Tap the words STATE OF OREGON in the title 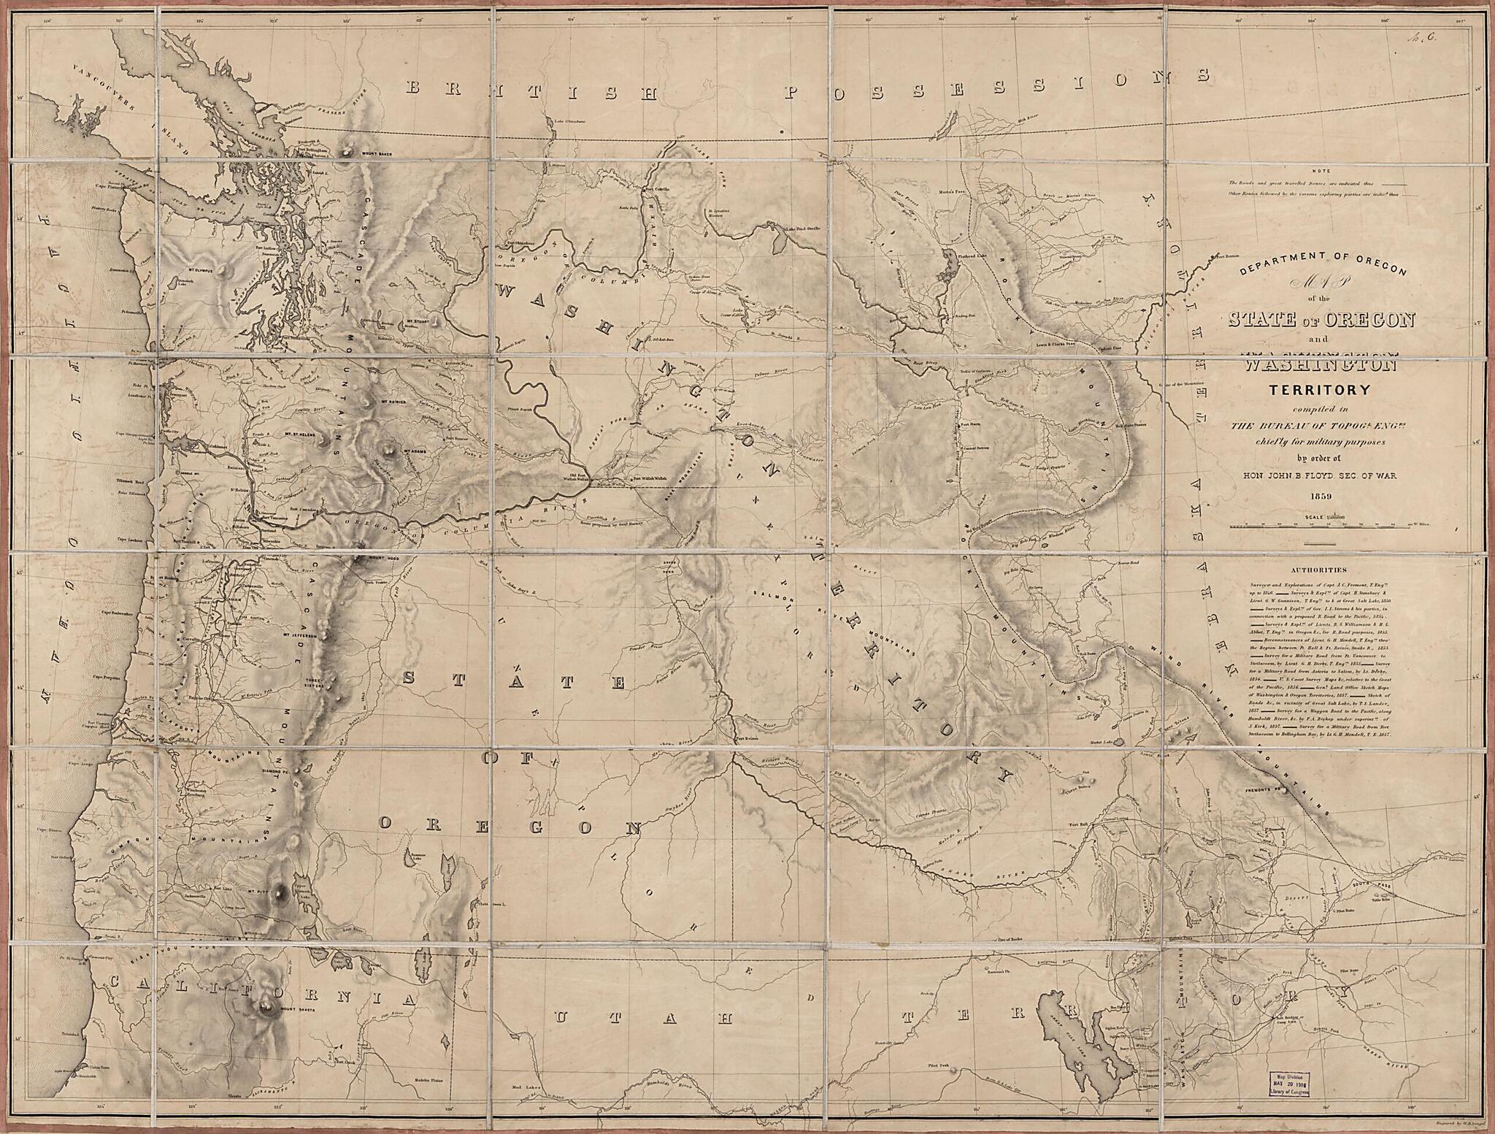(x=1322, y=319)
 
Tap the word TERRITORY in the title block (x=1321, y=389)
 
